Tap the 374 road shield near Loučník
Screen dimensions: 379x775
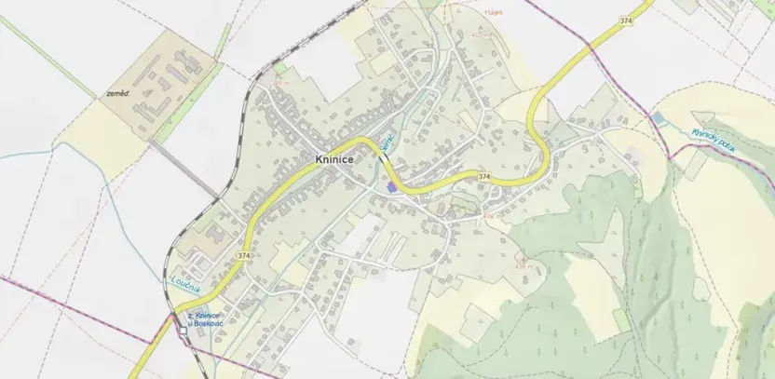pos(244,255)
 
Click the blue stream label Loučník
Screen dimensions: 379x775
pos(187,278)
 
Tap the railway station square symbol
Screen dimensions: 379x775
pos(184,331)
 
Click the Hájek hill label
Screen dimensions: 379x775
pos(495,13)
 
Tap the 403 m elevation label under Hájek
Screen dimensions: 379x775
pos(481,35)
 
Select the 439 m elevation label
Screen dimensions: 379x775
pos(523,265)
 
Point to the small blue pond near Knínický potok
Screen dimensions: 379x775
pos(659,119)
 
